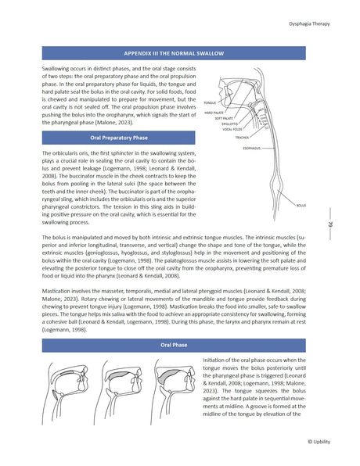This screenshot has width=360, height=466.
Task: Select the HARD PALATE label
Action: [x=214, y=113]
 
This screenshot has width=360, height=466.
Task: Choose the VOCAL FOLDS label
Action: [x=232, y=129]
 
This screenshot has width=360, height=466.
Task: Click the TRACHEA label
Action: [x=242, y=137]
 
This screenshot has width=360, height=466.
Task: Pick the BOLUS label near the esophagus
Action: [x=301, y=205]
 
